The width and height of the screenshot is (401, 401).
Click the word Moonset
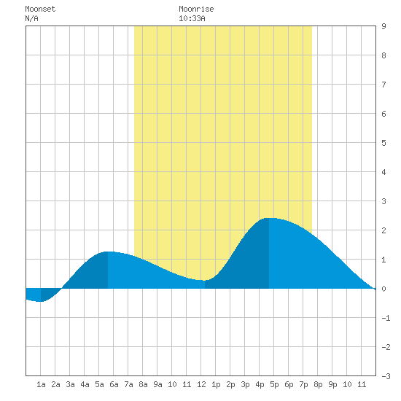pyautogui.click(x=40, y=9)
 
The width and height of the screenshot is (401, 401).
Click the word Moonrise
pyautogui.click(x=196, y=9)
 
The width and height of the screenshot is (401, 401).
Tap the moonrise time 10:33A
pyautogui.click(x=192, y=18)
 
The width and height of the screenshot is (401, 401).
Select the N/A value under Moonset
pyautogui.click(x=31, y=18)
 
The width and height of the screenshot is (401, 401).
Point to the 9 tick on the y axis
pyautogui.click(x=384, y=26)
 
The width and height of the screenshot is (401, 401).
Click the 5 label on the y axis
pyautogui.click(x=384, y=143)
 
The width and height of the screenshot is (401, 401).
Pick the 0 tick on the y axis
pyautogui.click(x=384, y=289)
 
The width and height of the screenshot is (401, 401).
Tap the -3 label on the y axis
pyautogui.click(x=386, y=376)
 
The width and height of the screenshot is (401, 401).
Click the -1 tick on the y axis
pyautogui.click(x=386, y=318)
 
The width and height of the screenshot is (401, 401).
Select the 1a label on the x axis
pyautogui.click(x=41, y=384)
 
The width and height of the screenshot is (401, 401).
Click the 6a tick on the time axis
pyautogui.click(x=114, y=384)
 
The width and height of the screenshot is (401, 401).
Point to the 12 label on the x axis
pyautogui.click(x=201, y=384)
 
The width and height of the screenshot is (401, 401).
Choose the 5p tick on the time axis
pyautogui.click(x=274, y=384)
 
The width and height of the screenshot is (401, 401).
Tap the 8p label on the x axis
pyautogui.click(x=318, y=384)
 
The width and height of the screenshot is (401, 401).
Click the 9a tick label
pyautogui.click(x=157, y=384)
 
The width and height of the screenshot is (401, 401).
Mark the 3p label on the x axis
pyautogui.click(x=245, y=384)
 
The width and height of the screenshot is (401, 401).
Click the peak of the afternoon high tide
pyautogui.click(x=269, y=218)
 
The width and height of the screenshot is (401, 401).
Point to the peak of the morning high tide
pyautogui.click(x=108, y=252)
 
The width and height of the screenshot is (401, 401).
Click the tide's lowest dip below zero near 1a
pyautogui.click(x=40, y=301)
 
